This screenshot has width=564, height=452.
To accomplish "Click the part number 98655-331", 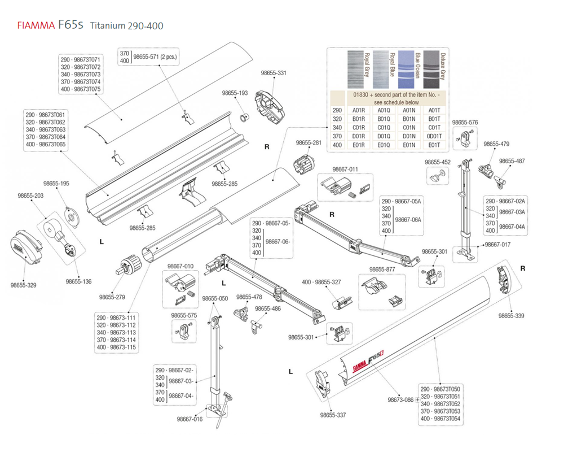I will pos(274,73).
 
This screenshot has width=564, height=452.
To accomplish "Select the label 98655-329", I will pos(23,285).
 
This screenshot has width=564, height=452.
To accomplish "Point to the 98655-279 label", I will pos(112,296).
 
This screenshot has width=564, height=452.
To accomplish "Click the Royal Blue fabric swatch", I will pos(382,67).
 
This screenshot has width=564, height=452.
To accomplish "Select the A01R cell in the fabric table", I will pos(358,110).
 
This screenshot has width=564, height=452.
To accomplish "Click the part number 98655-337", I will pos(333,415).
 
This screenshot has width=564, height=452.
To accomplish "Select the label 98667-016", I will pos(190,419).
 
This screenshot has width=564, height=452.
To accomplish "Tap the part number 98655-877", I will pos(382,269).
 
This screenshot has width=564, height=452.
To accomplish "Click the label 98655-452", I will pos(438,162).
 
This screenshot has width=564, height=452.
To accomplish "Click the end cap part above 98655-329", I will pos(28,247).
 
